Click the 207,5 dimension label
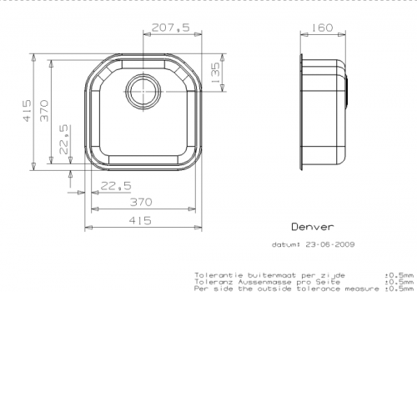[x=171, y=28]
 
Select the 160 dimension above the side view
[x=321, y=28]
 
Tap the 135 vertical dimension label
[x=215, y=73]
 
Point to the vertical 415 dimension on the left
[x=27, y=111]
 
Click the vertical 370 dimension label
[x=44, y=111]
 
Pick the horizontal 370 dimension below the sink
[x=141, y=202]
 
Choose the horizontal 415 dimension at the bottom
[x=140, y=221]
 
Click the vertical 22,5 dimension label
[x=63, y=139]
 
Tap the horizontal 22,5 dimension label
[x=116, y=186]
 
